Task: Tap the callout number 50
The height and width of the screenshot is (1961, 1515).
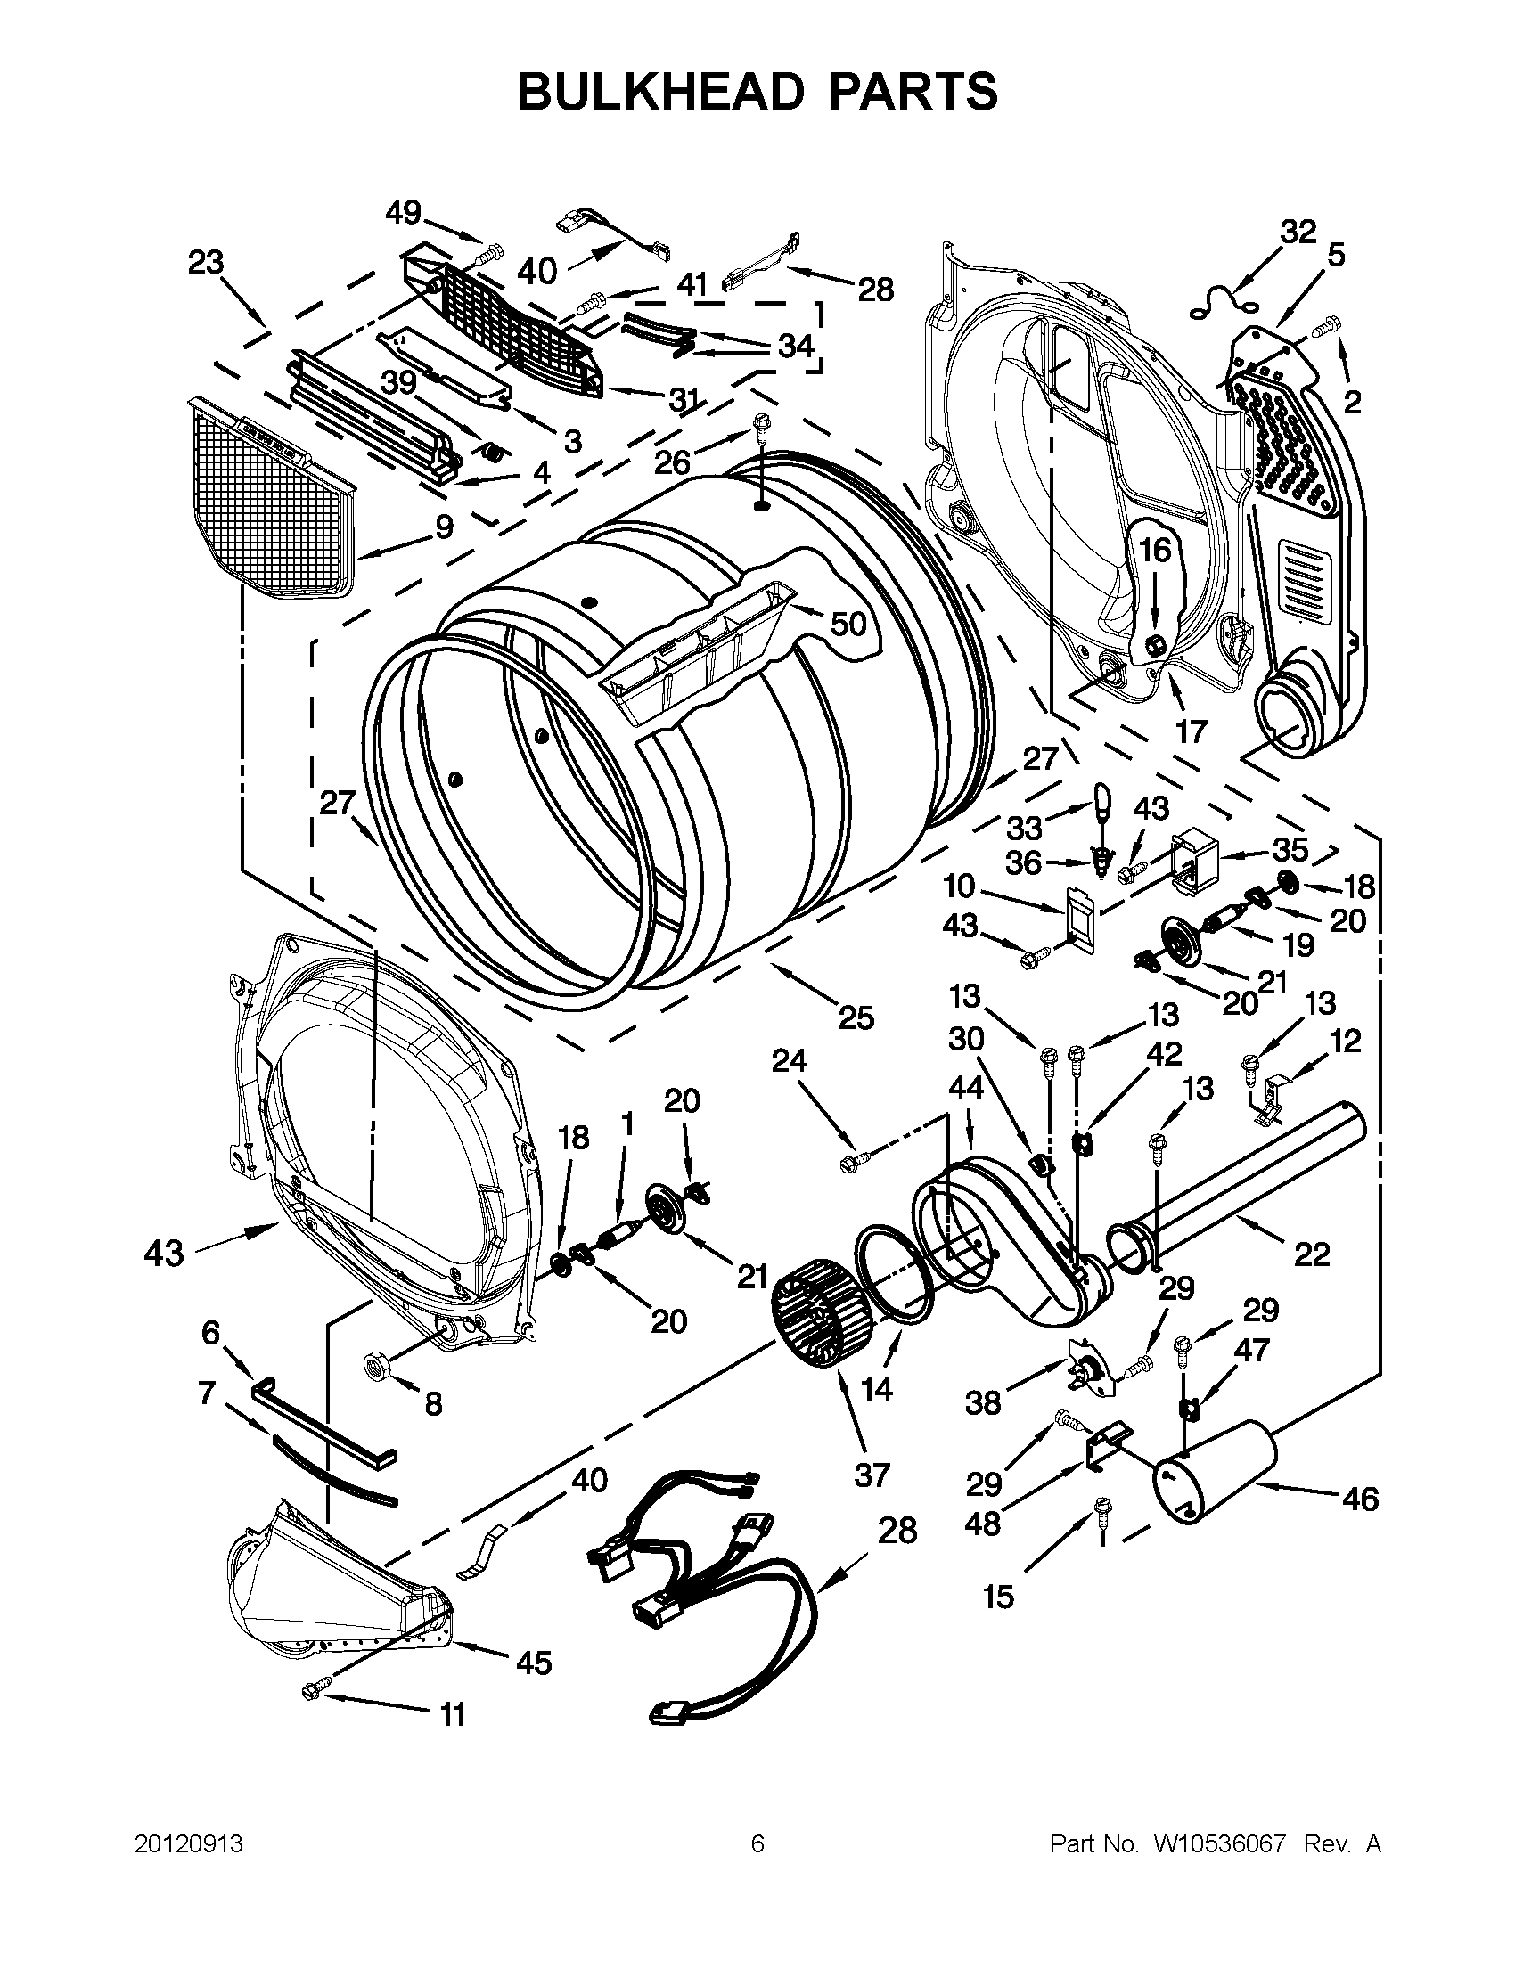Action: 848,622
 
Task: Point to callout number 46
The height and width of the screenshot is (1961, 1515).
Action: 1360,1499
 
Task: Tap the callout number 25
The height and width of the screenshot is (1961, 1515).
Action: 855,1017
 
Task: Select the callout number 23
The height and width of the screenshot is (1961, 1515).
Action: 205,263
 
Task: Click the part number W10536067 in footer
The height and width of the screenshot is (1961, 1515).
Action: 1212,1844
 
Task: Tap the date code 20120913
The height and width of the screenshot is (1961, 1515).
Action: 189,1844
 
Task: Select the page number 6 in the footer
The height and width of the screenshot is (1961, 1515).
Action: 757,1844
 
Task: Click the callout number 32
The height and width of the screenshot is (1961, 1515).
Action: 1298,232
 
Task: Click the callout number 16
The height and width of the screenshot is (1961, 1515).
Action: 1156,549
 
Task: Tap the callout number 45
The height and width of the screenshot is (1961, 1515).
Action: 534,1663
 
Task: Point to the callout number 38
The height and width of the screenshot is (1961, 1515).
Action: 982,1402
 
